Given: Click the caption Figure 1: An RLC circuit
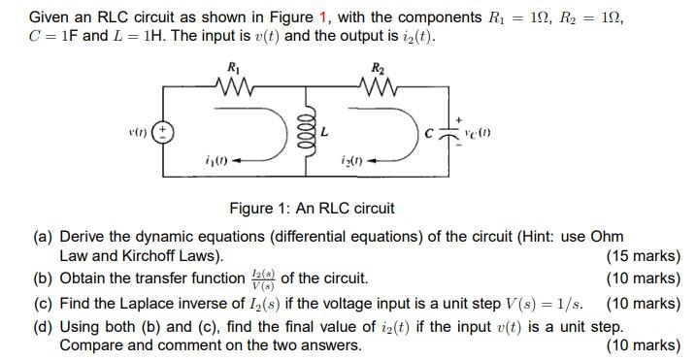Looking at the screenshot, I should click(x=312, y=208).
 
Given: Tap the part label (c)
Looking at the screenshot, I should click(x=43, y=304).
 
